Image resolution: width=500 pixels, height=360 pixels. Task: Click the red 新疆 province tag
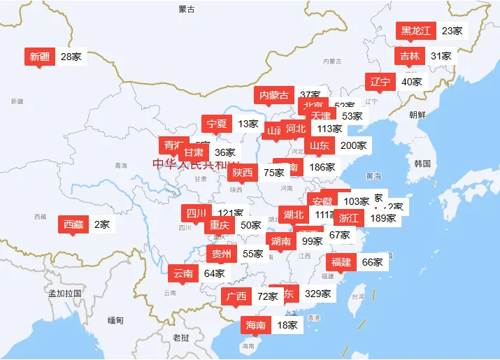[x=40, y=57]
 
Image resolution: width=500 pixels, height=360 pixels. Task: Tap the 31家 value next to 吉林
[x=441, y=56]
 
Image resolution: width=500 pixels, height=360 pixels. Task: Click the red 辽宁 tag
[x=380, y=82]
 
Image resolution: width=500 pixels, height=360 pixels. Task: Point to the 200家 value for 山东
[x=353, y=145]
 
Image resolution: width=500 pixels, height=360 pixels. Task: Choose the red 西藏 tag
[x=73, y=224]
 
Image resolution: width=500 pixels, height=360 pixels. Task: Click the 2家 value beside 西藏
[x=102, y=224]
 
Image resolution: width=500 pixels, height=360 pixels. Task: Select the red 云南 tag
[x=183, y=273]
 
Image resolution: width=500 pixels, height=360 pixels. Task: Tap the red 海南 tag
[x=256, y=325]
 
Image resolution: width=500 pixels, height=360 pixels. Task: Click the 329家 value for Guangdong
[x=318, y=294]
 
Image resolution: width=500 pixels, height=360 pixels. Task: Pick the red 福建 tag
[x=341, y=262]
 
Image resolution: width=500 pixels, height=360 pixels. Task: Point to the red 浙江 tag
[x=348, y=217]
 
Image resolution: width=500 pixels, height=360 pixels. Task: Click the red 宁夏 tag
[x=216, y=124]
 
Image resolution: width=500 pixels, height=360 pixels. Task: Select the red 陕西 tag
[x=243, y=173]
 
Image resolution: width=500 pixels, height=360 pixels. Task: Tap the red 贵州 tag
[x=222, y=254]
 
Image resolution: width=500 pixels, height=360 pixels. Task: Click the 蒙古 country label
[x=187, y=9]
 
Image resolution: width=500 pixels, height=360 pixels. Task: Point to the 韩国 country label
[x=422, y=164]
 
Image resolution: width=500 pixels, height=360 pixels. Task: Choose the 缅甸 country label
[x=115, y=320]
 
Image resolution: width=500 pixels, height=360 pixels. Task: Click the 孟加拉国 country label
[x=65, y=293]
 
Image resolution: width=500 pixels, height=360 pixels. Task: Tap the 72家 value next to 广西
[x=268, y=296]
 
